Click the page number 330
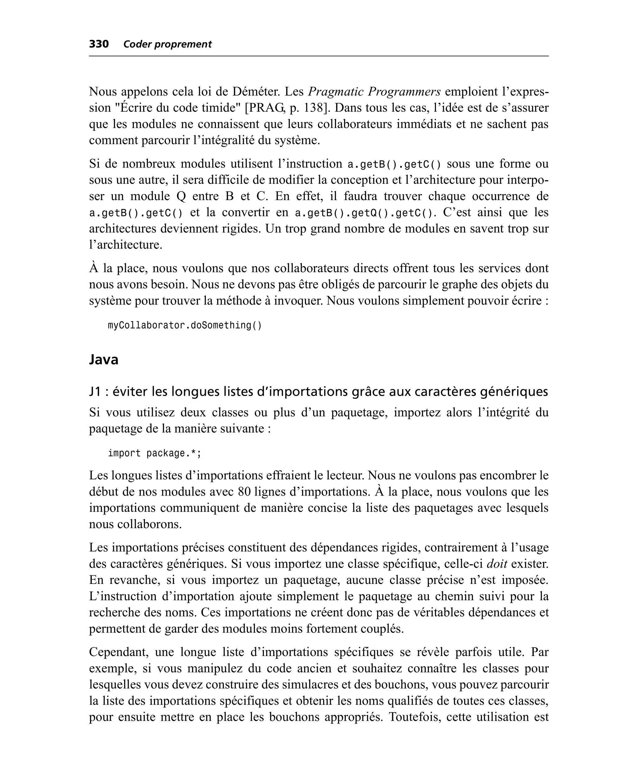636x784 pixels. point(99,44)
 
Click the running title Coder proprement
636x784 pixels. point(167,44)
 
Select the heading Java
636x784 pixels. point(104,359)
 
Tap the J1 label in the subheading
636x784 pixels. point(95,392)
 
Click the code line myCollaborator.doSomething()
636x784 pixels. point(185,325)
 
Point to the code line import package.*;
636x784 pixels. point(154,453)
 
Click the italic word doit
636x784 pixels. point(497,563)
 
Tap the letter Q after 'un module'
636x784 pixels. point(181,196)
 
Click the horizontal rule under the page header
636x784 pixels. point(318,56)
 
